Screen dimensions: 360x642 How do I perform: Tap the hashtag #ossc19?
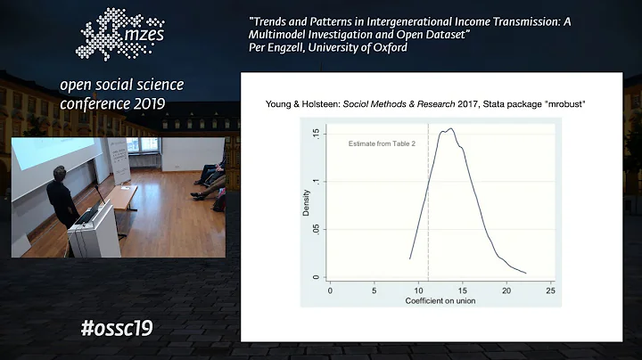116,328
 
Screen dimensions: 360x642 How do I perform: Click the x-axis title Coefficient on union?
440,301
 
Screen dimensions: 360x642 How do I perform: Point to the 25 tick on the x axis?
550,290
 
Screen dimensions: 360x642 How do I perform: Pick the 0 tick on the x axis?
330,290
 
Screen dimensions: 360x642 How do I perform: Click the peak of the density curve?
449,129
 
